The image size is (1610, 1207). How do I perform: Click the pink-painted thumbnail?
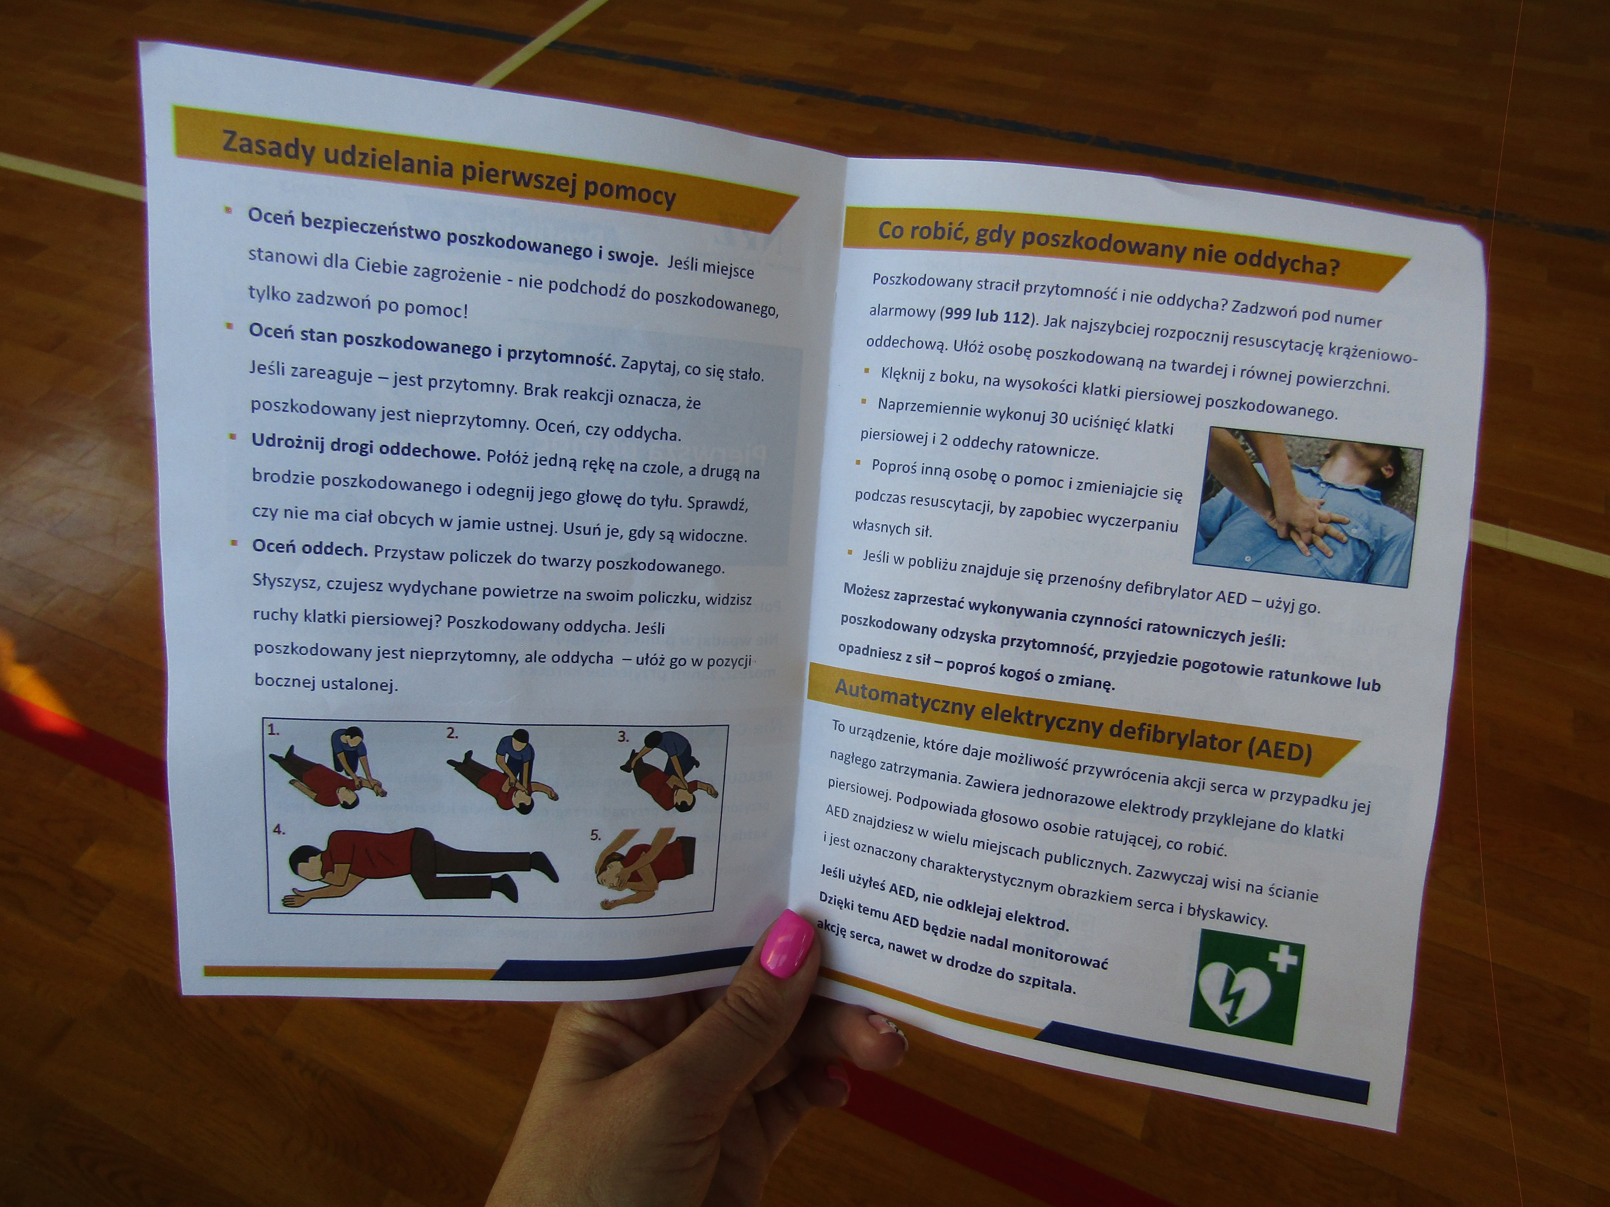[x=786, y=943]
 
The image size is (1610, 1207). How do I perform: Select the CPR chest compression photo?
[x=1308, y=506]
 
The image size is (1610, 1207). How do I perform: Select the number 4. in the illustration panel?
[x=279, y=829]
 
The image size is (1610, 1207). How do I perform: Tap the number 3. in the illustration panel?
[x=624, y=736]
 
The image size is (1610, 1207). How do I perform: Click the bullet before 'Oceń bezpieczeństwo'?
[x=228, y=210]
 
